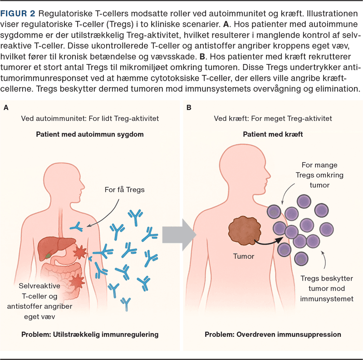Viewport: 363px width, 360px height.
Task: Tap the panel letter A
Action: [x=6, y=107]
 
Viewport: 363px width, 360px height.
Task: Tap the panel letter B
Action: [x=189, y=107]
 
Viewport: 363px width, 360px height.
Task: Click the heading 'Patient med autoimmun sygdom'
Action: [x=89, y=135]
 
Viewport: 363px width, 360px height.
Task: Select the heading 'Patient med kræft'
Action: [x=273, y=135]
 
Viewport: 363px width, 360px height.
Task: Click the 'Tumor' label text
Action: [x=244, y=256]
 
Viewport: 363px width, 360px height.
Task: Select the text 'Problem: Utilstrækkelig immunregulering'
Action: [x=90, y=335]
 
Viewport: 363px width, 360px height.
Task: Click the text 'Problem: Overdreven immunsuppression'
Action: [x=273, y=335]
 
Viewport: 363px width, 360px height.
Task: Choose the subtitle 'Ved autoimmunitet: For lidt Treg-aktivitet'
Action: [x=89, y=118]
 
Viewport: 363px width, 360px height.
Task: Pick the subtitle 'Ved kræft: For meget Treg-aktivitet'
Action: [x=273, y=118]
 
